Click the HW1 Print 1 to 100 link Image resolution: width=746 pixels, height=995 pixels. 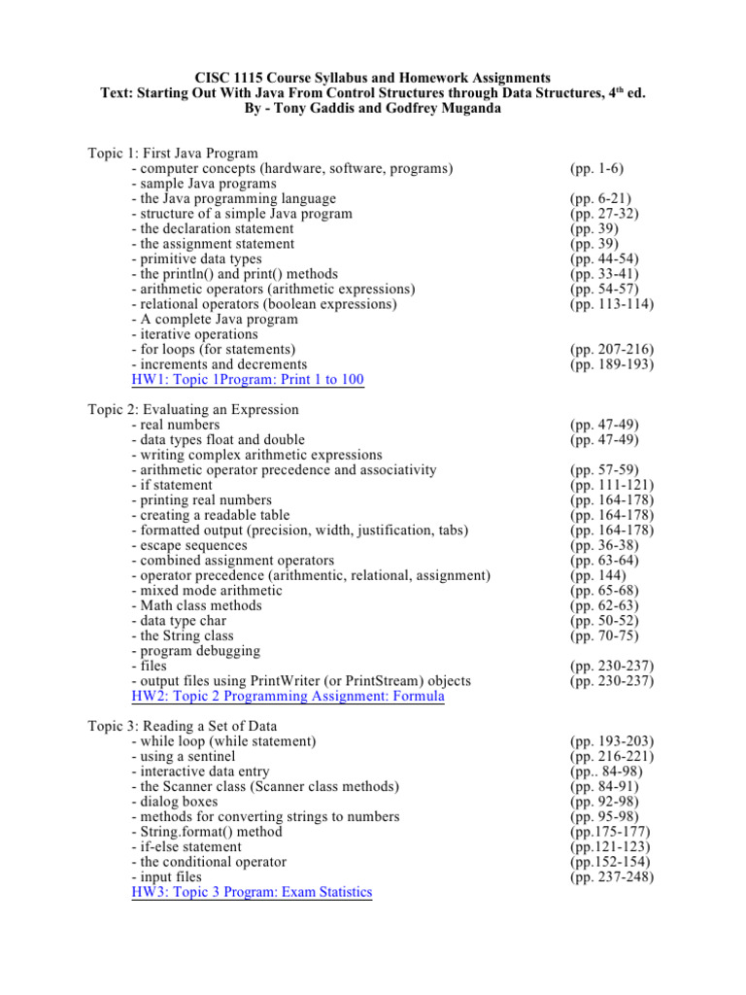click(248, 379)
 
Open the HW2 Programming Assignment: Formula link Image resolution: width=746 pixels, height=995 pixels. click(288, 696)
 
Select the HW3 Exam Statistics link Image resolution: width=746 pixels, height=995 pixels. click(251, 891)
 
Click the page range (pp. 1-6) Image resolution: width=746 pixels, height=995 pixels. click(597, 168)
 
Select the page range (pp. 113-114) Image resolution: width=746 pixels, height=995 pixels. click(612, 304)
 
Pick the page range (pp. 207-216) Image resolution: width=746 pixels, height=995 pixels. click(612, 349)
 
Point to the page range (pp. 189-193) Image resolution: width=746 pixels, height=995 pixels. click(612, 364)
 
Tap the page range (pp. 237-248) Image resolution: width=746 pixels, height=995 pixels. click(612, 876)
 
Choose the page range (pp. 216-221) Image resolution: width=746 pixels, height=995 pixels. click(612, 756)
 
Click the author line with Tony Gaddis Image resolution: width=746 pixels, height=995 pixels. click(372, 108)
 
